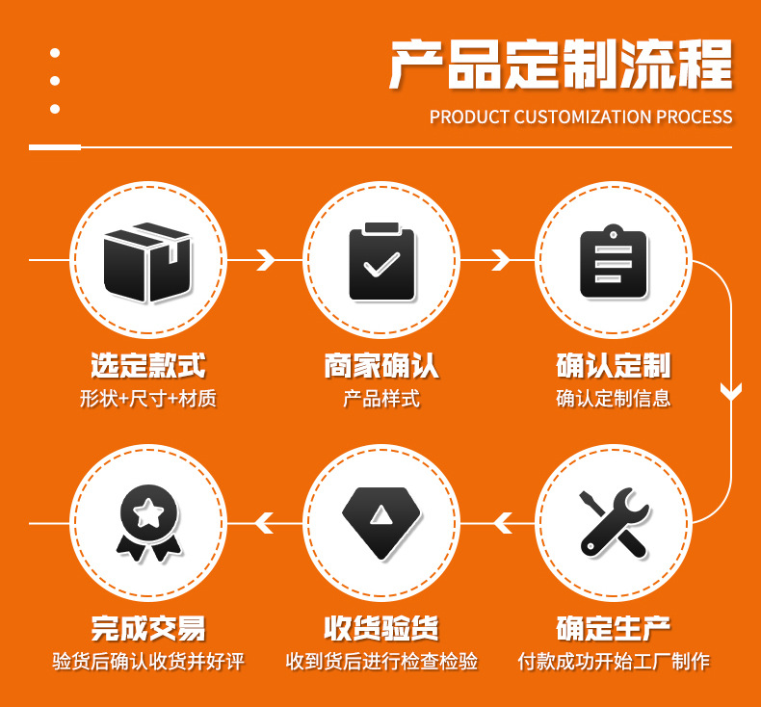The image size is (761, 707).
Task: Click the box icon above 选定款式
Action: pos(148,261)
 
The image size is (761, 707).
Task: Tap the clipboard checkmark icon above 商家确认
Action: pos(381,261)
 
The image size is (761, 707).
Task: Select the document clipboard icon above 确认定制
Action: pos(614,261)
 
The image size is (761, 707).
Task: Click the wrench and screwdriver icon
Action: pos(614,523)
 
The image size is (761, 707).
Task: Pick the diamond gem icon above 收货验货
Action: pos(381,523)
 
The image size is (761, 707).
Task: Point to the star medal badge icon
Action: pos(148,523)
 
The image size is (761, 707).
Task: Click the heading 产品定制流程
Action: pos(560,65)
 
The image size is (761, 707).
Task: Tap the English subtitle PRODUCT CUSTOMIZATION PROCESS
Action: pos(581,118)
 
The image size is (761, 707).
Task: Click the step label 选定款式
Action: pos(148,366)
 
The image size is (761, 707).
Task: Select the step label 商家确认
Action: pos(381,366)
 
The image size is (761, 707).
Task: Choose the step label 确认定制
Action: pos(614,366)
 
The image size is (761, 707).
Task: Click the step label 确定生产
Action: pos(614,628)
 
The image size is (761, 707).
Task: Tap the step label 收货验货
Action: pos(381,628)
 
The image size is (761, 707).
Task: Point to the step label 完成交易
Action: pos(148,628)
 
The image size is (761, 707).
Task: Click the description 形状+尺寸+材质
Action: pos(148,399)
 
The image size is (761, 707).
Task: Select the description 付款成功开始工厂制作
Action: pos(614,662)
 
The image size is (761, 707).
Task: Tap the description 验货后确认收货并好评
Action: pos(148,662)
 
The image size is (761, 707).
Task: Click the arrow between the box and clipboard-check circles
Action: pos(266,260)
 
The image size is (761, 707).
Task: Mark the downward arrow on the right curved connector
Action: pos(731,391)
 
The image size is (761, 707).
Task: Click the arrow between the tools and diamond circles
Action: pos(500,524)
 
